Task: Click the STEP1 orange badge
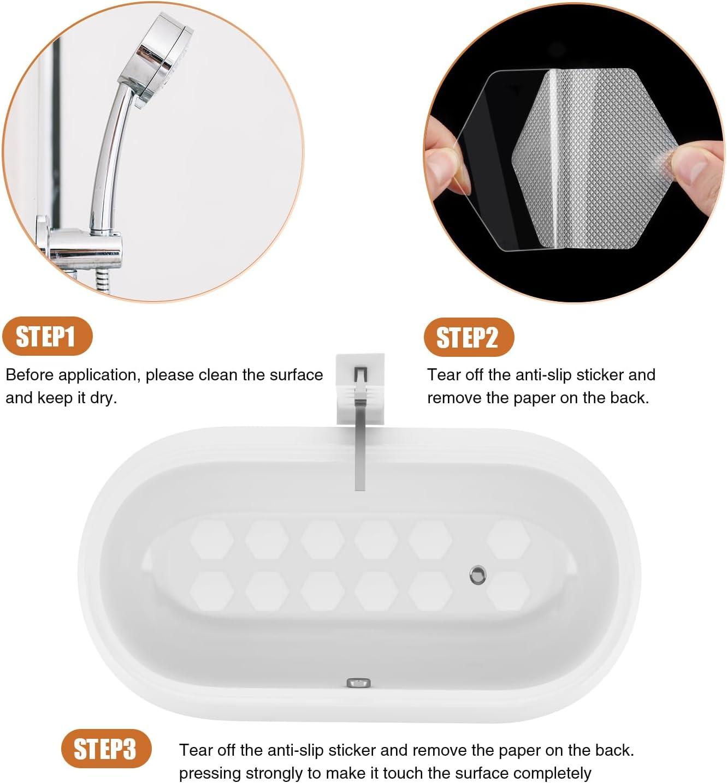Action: point(47,336)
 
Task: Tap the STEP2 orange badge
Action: point(469,337)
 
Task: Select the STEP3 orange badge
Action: point(106,749)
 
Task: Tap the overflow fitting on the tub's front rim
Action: point(358,683)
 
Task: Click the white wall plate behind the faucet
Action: point(360,389)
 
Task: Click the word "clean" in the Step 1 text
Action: point(218,375)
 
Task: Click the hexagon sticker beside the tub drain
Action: point(508,591)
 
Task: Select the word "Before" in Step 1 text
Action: point(29,375)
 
